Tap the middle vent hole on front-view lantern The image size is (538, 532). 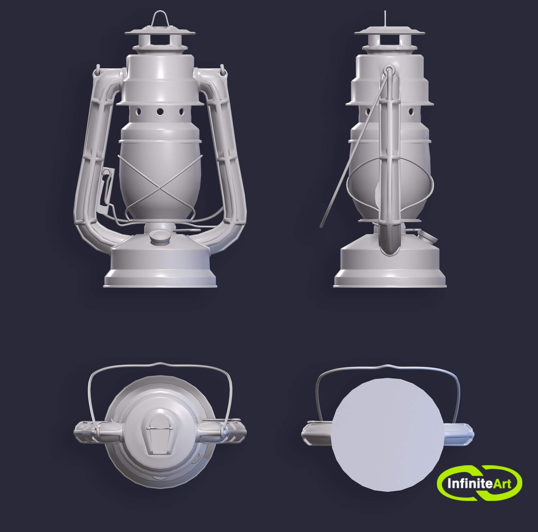pyautogui.click(x=160, y=112)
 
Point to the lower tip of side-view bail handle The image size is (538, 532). pyautogui.click(x=322, y=226)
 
